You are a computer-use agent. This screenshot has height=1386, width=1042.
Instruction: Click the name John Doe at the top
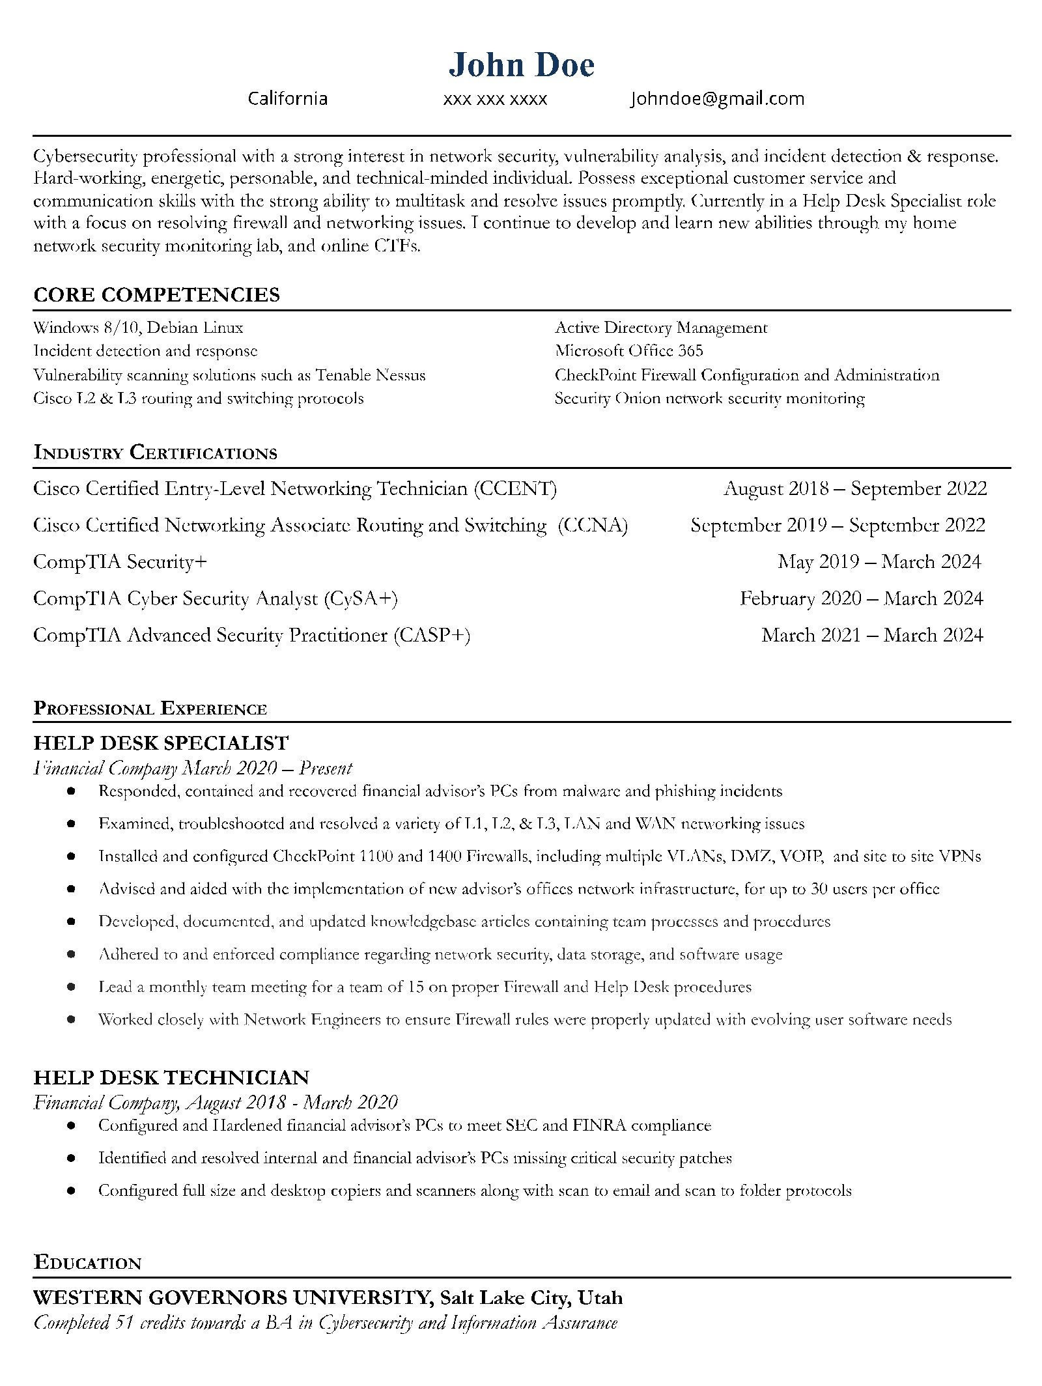pyautogui.click(x=521, y=65)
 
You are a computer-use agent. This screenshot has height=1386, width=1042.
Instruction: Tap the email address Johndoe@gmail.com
pyautogui.click(x=717, y=99)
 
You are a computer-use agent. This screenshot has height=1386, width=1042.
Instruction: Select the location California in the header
pyautogui.click(x=288, y=99)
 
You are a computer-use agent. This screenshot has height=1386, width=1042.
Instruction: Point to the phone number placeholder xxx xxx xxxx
pyautogui.click(x=495, y=100)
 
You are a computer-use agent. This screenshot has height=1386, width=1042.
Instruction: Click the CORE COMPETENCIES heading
pyautogui.click(x=156, y=295)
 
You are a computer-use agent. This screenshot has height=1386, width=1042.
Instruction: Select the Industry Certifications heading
pyautogui.click(x=155, y=453)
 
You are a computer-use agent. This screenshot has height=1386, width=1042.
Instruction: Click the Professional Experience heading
pyautogui.click(x=150, y=709)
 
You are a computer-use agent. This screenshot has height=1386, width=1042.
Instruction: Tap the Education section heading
pyautogui.click(x=87, y=1263)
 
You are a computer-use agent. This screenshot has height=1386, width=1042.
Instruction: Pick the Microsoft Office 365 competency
pyautogui.click(x=628, y=352)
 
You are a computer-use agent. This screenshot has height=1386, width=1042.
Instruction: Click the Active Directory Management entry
pyautogui.click(x=661, y=328)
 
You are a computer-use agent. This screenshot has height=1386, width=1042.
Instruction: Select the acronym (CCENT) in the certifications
pyautogui.click(x=515, y=488)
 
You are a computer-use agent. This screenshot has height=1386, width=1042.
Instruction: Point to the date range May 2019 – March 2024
pyautogui.click(x=879, y=562)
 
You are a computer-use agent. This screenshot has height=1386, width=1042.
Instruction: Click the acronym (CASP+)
pyautogui.click(x=431, y=635)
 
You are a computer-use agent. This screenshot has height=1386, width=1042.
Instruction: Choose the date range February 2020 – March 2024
pyautogui.click(x=861, y=599)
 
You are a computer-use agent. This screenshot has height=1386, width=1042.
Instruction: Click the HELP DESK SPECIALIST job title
pyautogui.click(x=161, y=742)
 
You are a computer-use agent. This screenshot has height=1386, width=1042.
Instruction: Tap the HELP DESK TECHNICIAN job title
pyautogui.click(x=171, y=1077)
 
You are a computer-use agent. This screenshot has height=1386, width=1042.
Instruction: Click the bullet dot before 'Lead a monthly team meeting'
pyautogui.click(x=71, y=987)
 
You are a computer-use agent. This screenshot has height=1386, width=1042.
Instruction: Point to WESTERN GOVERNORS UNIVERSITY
pyautogui.click(x=231, y=1298)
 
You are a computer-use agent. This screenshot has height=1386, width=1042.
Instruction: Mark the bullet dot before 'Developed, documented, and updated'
pyautogui.click(x=71, y=922)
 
